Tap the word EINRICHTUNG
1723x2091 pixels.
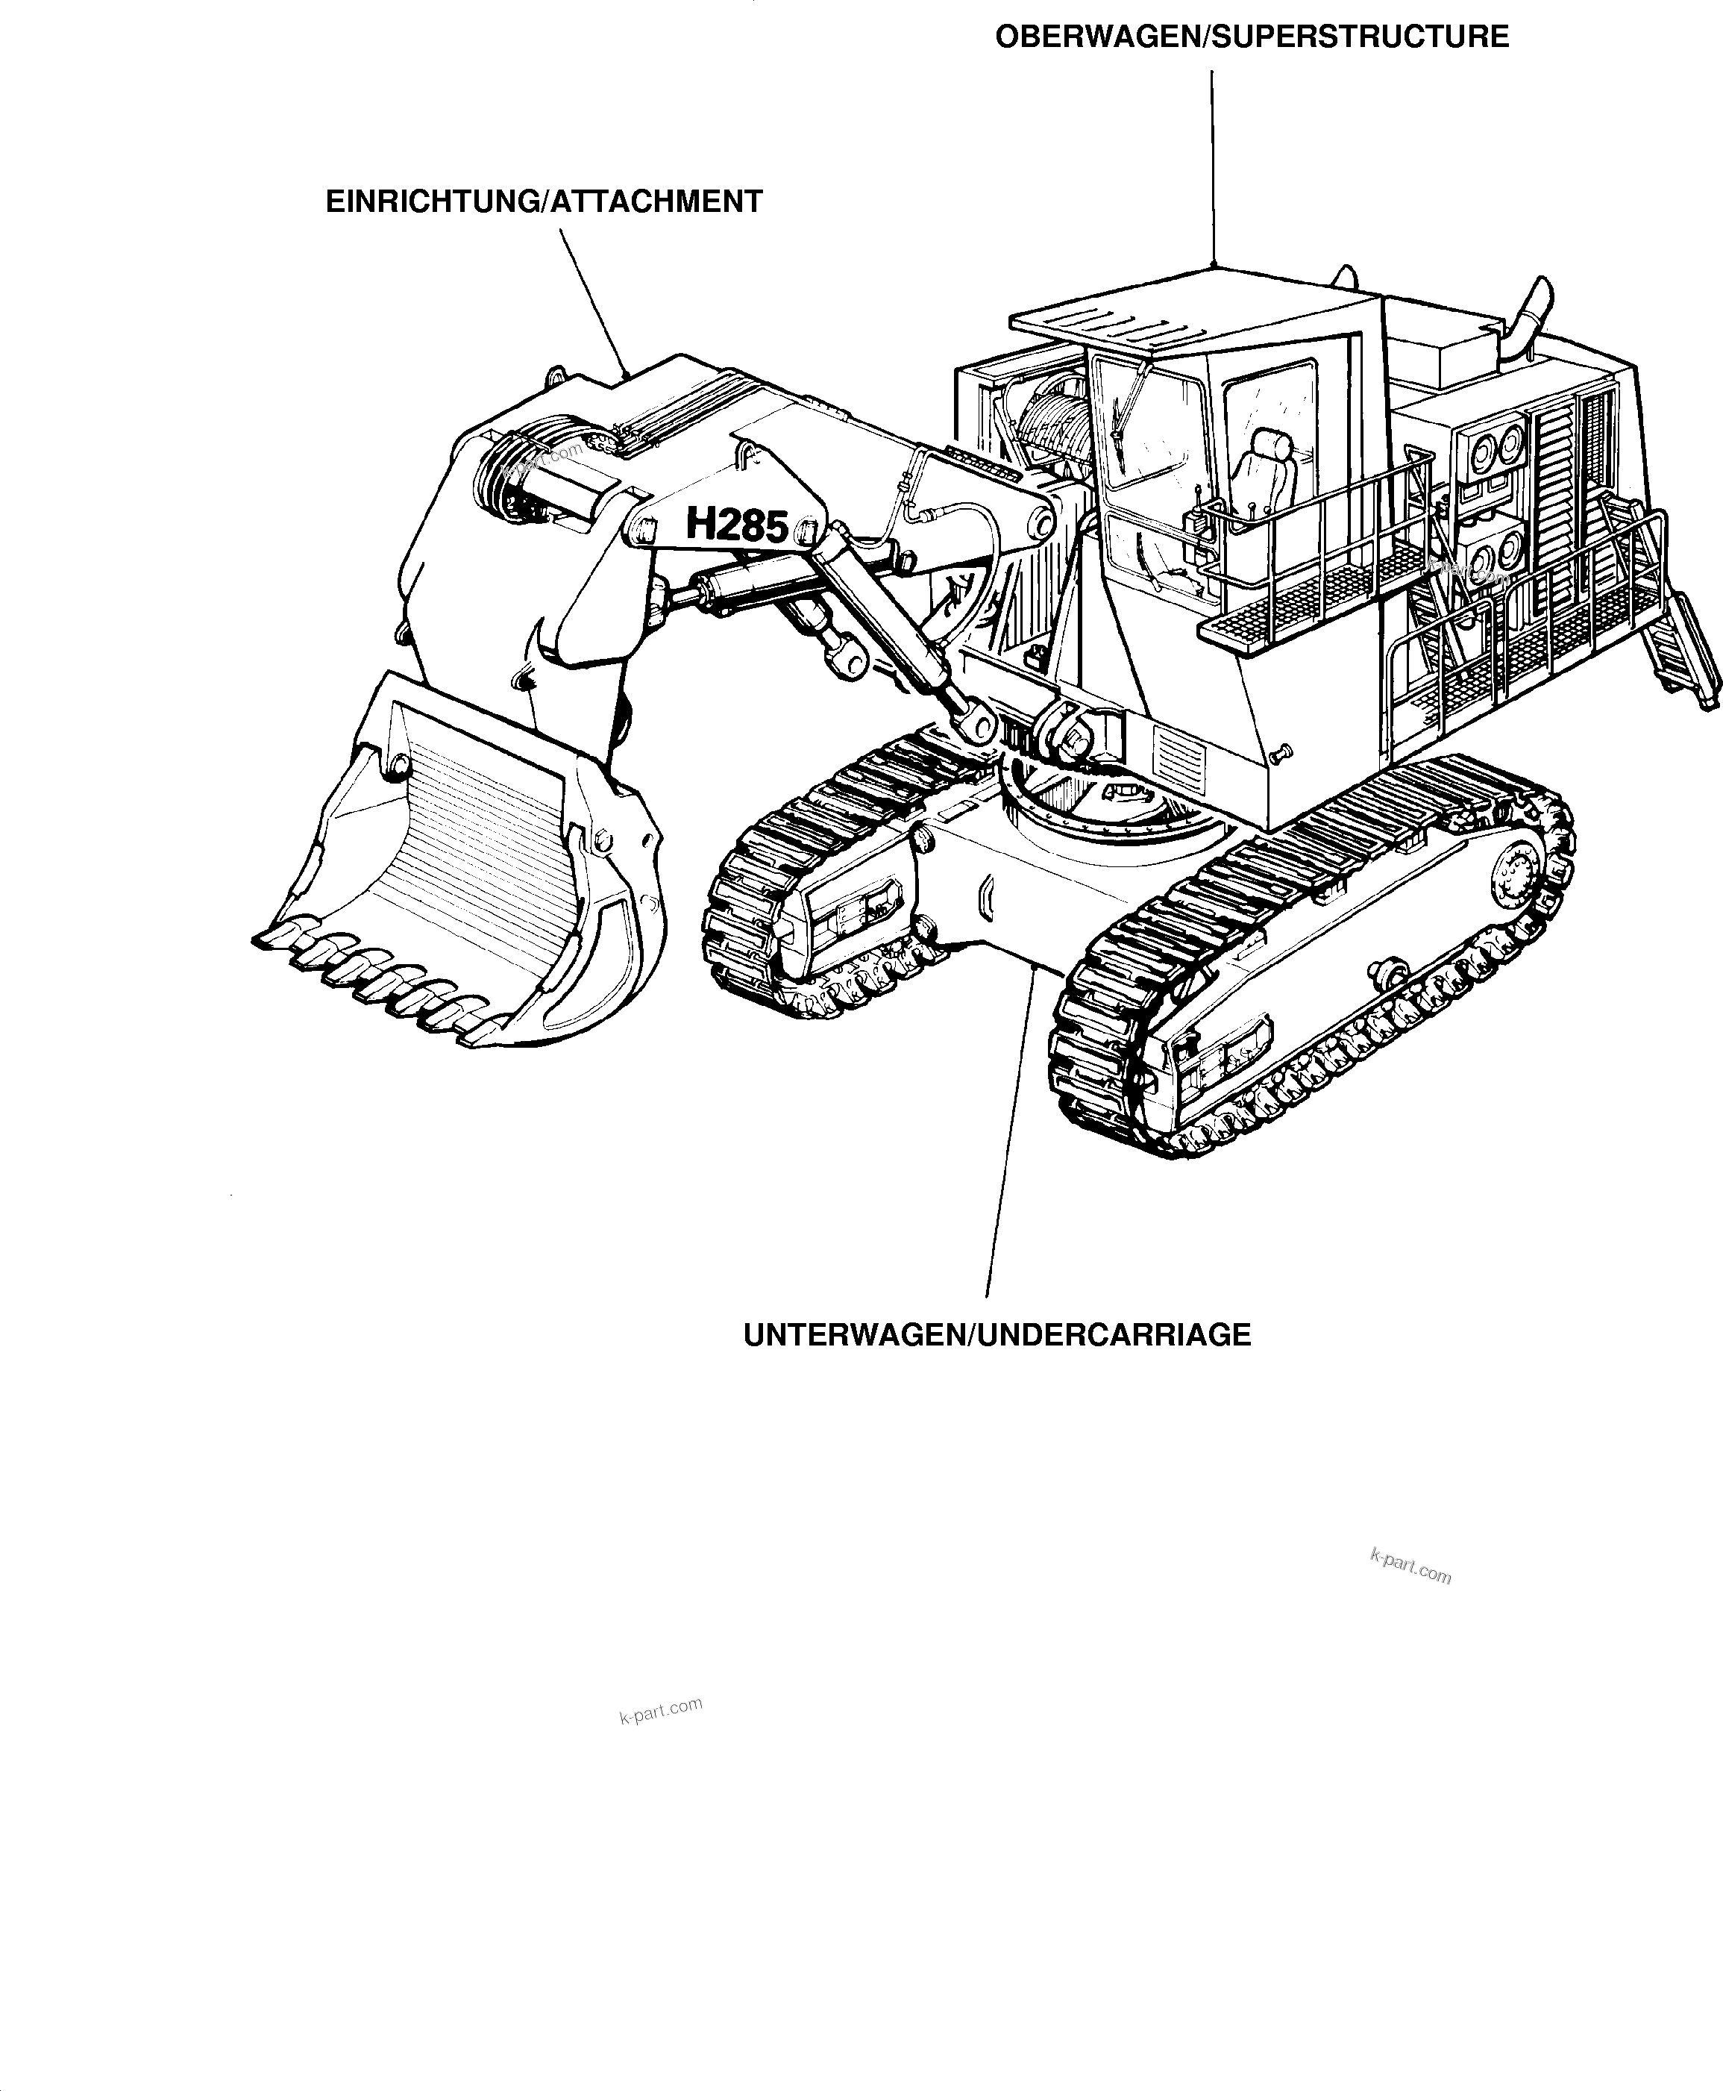click(433, 201)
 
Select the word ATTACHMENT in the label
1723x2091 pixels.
click(656, 201)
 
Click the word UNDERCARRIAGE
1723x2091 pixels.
click(1114, 1334)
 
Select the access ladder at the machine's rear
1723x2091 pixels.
click(1678, 636)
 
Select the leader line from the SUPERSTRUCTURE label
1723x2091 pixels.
click(1212, 169)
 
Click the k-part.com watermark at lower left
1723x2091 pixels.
click(661, 1710)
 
